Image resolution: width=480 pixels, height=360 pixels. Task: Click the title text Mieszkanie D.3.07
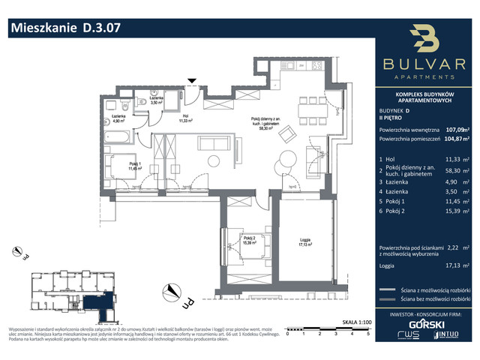point(64,29)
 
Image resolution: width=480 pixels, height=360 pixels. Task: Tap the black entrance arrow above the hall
point(193,81)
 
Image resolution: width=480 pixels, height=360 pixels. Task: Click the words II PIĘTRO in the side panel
point(391,118)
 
